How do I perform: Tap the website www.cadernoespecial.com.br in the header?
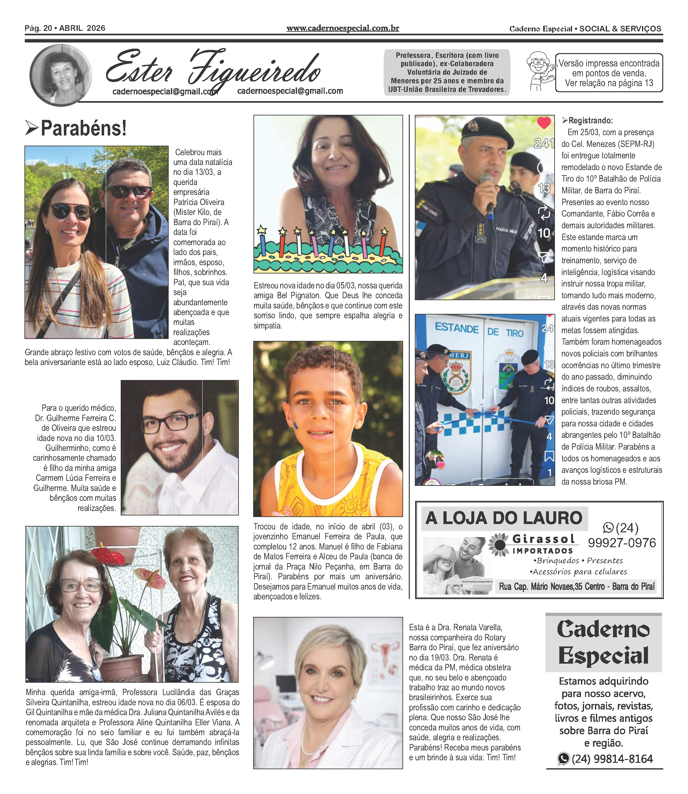(342, 28)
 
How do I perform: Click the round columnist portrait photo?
(61, 75)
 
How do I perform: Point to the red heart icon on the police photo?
(544, 123)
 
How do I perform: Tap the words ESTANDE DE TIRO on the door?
(479, 330)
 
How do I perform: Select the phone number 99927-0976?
(622, 543)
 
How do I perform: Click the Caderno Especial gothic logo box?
(603, 642)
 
